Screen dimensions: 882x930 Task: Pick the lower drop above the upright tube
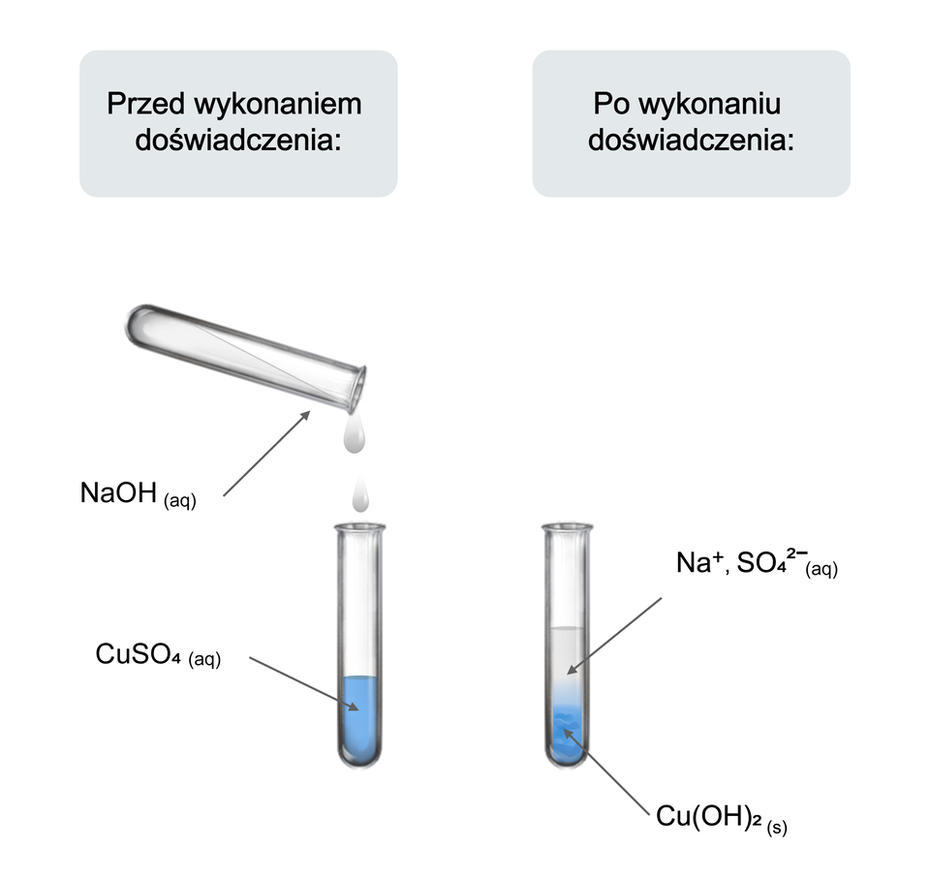click(361, 496)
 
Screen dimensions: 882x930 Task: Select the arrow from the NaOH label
click(266, 454)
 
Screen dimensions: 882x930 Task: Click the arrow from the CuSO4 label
click(304, 684)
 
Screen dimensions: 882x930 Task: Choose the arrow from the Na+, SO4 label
click(615, 634)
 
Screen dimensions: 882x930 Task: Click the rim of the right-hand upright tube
click(567, 528)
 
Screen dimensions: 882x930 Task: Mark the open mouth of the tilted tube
click(357, 388)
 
